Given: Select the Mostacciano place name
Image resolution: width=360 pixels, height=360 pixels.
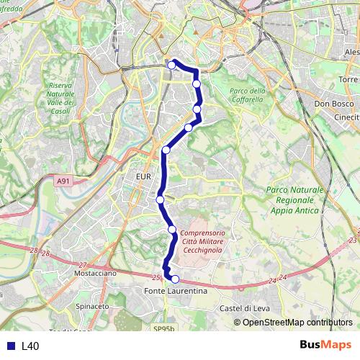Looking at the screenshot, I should pos(96,274).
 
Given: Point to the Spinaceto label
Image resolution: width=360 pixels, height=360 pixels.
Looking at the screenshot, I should pos(92,306).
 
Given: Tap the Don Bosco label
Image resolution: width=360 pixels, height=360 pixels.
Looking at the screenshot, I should pos(332,104).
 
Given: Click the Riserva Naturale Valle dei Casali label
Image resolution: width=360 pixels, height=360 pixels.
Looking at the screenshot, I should pos(60,94).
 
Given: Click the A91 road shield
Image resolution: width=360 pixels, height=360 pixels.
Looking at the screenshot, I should pos(63,182).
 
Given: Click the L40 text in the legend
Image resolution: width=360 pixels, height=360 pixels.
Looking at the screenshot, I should pos(30,346).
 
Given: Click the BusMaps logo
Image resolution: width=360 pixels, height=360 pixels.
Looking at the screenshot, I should pos(327,346).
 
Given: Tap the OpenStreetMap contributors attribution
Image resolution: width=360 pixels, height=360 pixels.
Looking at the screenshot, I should pos(297,322).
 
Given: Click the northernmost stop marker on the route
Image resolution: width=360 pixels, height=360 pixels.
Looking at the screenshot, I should pos(172,66).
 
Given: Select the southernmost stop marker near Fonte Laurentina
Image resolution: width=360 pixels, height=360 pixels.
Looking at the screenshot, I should pos(174,279).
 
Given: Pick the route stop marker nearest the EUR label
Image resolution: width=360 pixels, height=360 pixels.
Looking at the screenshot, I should pos(161,199).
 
